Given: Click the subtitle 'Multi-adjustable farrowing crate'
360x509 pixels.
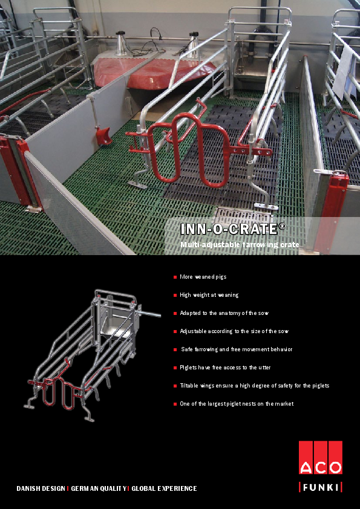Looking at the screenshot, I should (240, 244).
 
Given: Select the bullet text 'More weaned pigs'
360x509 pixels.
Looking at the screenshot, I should (203, 277).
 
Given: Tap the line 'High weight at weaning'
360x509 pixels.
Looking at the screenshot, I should (209, 295).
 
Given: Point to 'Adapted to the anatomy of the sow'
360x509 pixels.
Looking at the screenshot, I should (224, 313).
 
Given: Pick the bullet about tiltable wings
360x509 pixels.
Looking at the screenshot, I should (254, 385).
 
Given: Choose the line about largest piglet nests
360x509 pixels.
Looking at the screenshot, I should (237, 403).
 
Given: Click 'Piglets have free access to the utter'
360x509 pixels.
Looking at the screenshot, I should (226, 367).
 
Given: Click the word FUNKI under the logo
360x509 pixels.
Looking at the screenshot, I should (320, 487).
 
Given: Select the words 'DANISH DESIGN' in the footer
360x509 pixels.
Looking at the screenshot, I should (41, 488).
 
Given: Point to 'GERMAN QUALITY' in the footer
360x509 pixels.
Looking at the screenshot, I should (99, 488).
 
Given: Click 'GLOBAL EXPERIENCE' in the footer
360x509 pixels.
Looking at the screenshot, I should (164, 488).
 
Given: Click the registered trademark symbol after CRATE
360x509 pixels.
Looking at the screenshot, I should (282, 226).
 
